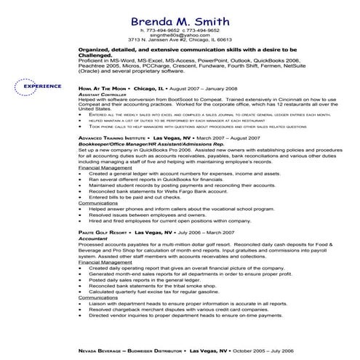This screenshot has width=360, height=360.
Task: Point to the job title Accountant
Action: pos(115,238)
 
